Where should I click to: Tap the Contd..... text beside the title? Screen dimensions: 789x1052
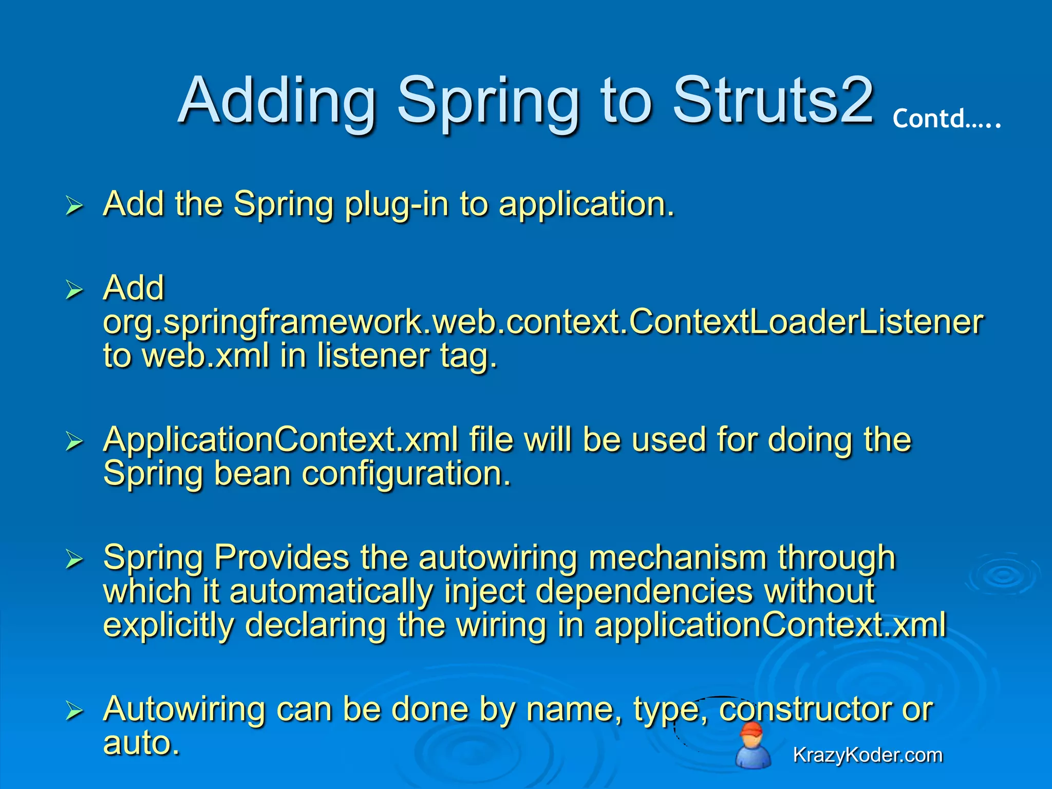946,119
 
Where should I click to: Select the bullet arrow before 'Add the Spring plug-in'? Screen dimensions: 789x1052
74,206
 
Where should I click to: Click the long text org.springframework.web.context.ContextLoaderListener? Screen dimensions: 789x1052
543,322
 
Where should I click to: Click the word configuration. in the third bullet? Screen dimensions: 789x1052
406,474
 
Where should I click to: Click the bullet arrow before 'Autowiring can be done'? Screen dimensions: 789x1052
74,711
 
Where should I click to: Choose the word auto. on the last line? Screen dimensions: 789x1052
141,743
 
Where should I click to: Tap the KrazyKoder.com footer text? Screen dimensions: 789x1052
868,755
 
